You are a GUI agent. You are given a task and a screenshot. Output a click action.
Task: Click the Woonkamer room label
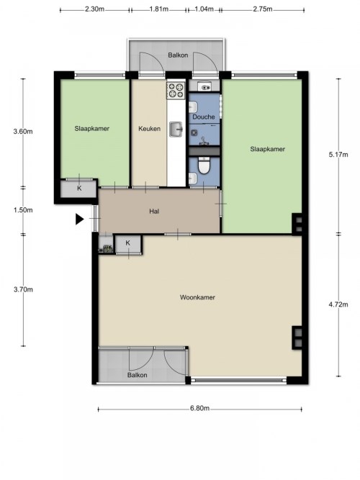click(197, 297)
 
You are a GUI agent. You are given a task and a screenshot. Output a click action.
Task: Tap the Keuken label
click(149, 129)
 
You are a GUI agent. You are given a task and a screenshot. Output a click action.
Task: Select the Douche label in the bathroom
click(204, 117)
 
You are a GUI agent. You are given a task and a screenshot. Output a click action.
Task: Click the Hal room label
click(154, 212)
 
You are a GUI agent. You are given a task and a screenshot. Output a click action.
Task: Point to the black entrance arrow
click(79, 219)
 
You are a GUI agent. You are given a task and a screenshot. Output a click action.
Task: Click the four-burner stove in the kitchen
click(176, 90)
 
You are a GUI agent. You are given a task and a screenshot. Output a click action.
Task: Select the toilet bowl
click(204, 166)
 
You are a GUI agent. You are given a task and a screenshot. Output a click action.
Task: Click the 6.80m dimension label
click(199, 408)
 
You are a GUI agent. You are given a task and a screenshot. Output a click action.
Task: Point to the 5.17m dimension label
click(338, 155)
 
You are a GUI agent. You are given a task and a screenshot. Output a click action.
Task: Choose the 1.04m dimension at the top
click(204, 9)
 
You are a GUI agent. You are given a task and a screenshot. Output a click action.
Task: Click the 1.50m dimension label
click(23, 210)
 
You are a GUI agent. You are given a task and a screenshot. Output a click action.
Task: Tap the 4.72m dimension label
click(338, 304)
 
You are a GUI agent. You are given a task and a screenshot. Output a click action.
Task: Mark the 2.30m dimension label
click(94, 9)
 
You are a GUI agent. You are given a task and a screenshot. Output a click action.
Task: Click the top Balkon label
click(178, 55)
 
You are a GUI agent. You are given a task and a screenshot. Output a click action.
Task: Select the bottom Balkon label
click(138, 375)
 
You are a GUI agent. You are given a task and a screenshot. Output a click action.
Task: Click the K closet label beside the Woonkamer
click(127, 243)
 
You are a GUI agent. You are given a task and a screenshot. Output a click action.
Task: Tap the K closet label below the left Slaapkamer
click(79, 189)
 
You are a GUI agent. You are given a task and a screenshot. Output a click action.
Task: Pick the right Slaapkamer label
click(267, 149)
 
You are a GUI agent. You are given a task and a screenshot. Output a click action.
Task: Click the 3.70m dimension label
click(23, 289)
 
